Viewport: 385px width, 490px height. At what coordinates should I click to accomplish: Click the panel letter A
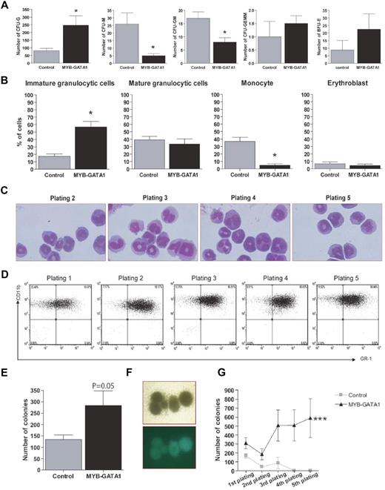6,6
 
